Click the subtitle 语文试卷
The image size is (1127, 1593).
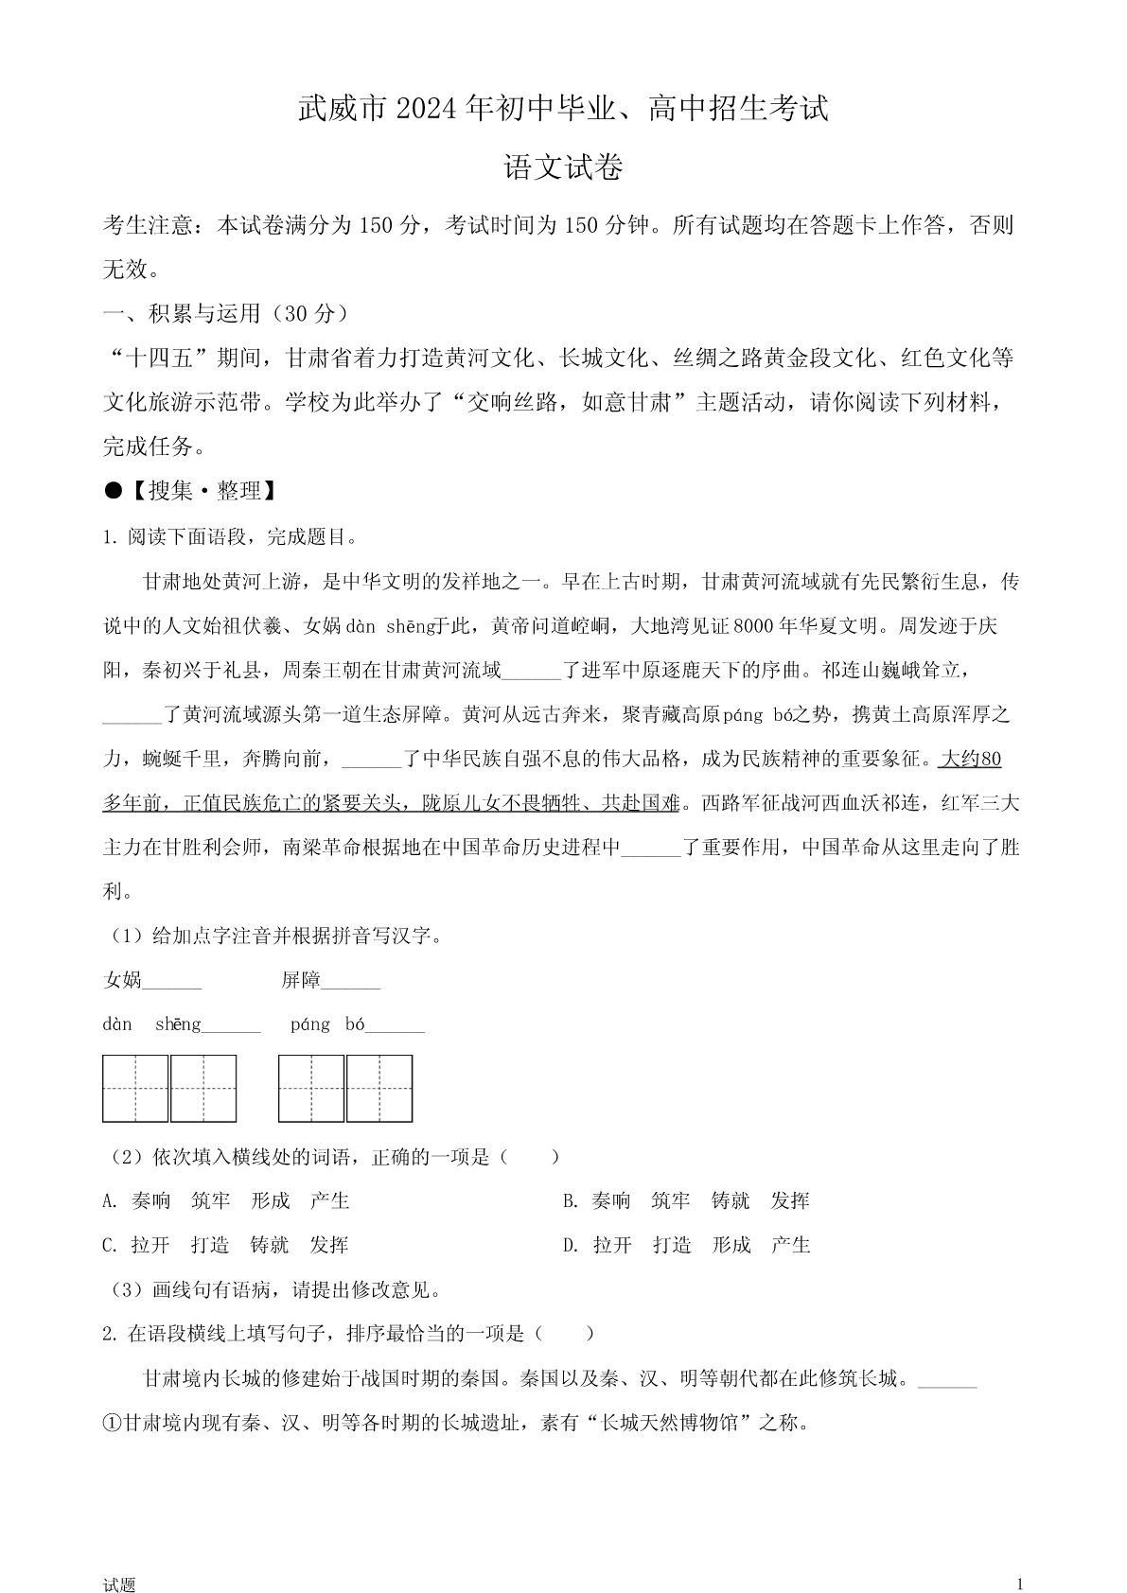(x=563, y=168)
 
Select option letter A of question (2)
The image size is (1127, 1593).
(x=110, y=1201)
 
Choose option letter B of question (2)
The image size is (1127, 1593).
(x=570, y=1201)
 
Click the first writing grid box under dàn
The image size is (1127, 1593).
(x=135, y=1089)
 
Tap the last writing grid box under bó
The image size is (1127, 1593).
(x=379, y=1089)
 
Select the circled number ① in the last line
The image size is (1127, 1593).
(x=113, y=1423)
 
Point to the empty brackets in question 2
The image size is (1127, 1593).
(x=564, y=1334)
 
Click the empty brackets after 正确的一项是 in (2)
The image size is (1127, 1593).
(x=529, y=1157)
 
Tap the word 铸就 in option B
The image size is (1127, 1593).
(x=731, y=1201)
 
